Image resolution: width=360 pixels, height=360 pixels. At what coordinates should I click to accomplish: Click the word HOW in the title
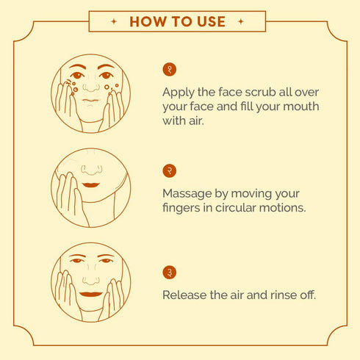click(148, 21)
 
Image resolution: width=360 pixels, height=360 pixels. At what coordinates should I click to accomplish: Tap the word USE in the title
click(211, 21)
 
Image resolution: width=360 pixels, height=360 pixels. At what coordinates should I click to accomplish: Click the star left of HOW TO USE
click(114, 21)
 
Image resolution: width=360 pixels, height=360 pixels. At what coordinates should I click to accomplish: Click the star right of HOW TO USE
click(241, 21)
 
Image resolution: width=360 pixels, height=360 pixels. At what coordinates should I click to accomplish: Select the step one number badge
click(169, 69)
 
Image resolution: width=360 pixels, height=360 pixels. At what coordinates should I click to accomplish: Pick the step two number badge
click(169, 170)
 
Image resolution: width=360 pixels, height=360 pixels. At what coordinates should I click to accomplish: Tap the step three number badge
click(169, 272)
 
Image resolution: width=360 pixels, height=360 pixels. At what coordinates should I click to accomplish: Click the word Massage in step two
click(187, 194)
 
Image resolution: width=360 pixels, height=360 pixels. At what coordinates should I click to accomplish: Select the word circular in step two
click(236, 208)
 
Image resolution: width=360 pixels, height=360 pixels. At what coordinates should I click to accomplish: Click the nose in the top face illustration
click(91, 87)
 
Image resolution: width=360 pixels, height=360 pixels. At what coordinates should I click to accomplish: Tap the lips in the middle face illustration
click(91, 184)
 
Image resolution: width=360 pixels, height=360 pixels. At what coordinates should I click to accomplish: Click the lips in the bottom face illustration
click(91, 294)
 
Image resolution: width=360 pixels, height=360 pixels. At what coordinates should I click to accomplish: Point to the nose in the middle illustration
click(92, 170)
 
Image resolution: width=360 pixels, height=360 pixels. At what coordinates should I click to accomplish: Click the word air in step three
click(237, 295)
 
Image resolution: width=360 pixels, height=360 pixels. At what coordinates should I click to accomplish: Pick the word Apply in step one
click(178, 93)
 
